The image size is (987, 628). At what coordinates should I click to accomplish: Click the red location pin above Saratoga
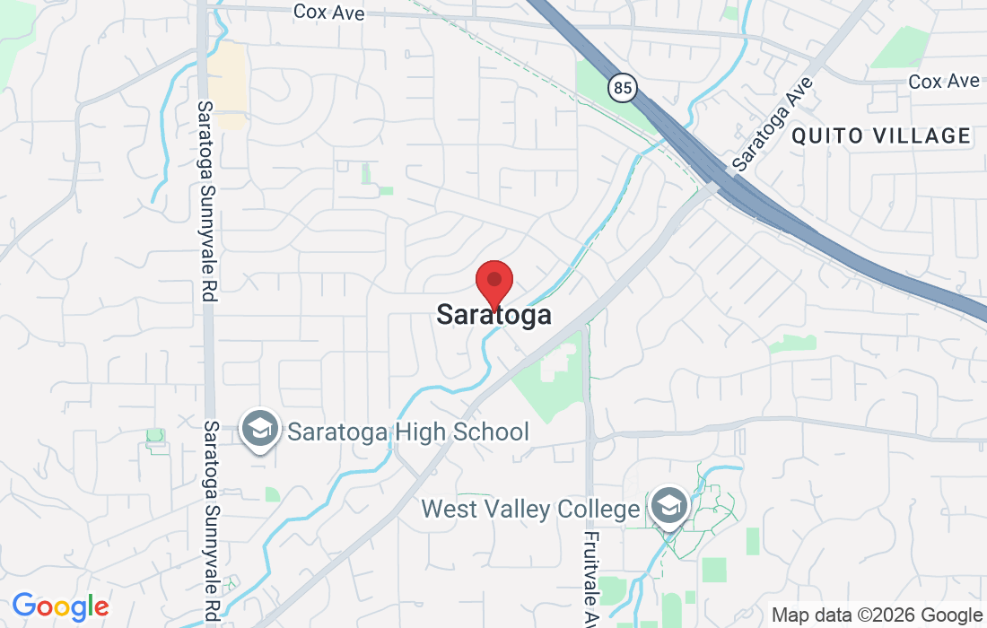pos(493,281)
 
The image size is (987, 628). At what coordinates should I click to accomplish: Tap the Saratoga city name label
pos(493,315)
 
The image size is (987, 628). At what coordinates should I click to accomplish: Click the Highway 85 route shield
pos(621,87)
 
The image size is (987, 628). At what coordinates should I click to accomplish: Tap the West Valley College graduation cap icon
pos(668,506)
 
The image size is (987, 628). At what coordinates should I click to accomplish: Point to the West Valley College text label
pos(530,510)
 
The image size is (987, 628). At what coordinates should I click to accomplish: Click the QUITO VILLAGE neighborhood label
pos(881,136)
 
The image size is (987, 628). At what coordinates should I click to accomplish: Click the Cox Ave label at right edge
pos(944,82)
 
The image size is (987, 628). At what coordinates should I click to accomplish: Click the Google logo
pos(60,607)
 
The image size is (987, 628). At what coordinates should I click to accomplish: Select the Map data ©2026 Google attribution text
pos(877,615)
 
